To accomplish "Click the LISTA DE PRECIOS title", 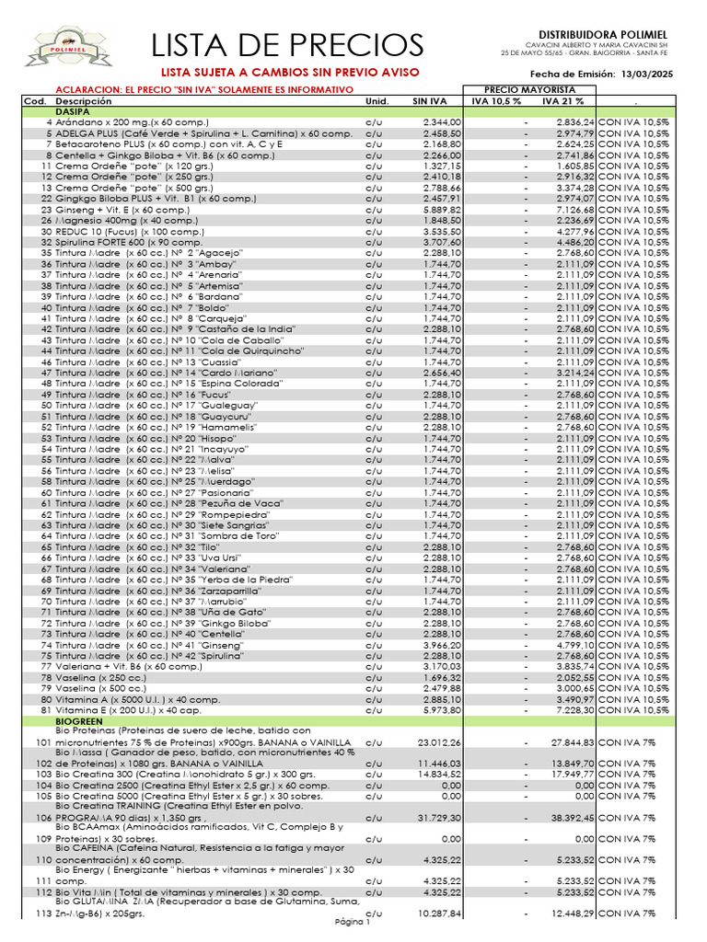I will coord(287,45).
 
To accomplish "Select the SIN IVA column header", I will coord(430,101).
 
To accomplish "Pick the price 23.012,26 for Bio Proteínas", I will coord(439,741).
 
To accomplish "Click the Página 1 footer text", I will coord(352,922).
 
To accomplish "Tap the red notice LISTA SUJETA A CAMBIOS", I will coord(291,72).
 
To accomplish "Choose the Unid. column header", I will coord(377,101).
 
